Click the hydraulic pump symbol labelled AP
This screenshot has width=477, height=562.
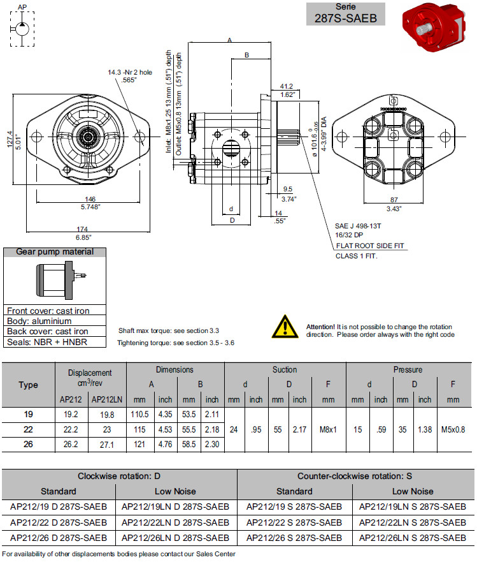click(22, 29)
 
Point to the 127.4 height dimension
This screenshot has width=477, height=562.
click(10, 140)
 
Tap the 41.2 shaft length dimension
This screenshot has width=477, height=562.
click(286, 86)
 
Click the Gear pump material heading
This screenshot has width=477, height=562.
click(55, 252)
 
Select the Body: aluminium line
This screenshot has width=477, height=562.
click(39, 321)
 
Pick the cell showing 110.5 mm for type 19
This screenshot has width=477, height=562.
click(140, 415)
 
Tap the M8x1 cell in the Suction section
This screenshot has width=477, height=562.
click(328, 430)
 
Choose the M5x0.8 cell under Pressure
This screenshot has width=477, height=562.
click(453, 430)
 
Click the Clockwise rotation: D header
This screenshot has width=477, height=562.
click(119, 477)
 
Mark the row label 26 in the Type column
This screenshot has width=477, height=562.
click(29, 445)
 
